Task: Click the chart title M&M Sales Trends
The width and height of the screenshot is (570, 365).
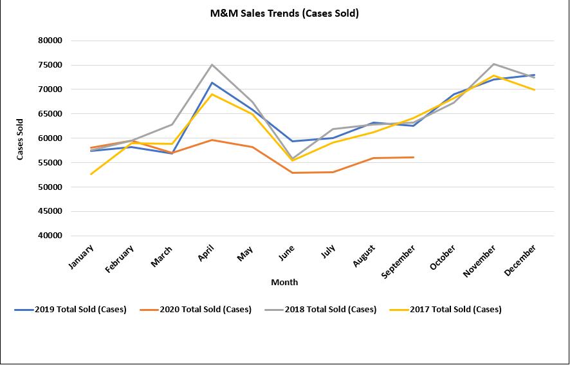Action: (x=284, y=13)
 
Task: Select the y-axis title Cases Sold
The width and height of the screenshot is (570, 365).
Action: (x=20, y=138)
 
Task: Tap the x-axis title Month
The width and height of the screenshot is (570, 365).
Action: (x=284, y=282)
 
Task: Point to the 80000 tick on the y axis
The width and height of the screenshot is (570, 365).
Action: (x=50, y=41)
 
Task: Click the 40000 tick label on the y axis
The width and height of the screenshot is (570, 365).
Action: (x=50, y=236)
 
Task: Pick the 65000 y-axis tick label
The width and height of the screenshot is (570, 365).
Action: (x=50, y=114)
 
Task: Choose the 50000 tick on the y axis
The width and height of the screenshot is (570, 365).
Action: (x=50, y=187)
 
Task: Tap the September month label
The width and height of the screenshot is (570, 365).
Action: (x=399, y=261)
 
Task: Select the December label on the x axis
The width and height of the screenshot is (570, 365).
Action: (x=521, y=259)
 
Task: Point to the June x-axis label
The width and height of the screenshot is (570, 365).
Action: (x=288, y=253)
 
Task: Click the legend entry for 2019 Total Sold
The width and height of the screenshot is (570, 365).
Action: (x=71, y=310)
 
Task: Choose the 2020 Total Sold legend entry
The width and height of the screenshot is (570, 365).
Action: (x=196, y=310)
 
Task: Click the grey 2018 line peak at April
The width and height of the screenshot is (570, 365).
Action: (x=212, y=64)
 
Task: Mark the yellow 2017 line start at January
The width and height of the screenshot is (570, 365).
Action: (x=91, y=174)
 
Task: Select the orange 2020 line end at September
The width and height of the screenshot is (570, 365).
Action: (x=414, y=157)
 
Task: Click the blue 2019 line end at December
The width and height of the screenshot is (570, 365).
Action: (x=535, y=75)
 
